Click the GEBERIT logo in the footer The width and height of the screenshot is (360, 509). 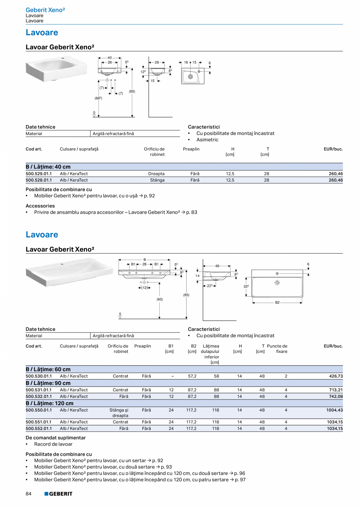(58, 494)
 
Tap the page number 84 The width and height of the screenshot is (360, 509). (29, 494)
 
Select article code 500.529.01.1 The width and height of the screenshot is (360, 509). (38, 174)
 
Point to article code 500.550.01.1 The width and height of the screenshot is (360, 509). (38, 410)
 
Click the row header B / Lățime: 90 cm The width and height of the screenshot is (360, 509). (48, 383)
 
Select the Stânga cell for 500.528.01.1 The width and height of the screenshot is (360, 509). (157, 180)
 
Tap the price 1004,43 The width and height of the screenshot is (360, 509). (334, 410)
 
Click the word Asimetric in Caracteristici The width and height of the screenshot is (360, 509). (207, 140)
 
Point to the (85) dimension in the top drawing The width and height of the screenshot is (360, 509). (132, 92)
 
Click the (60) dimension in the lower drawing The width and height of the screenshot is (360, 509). (160, 299)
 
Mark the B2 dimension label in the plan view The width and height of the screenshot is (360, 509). (277, 302)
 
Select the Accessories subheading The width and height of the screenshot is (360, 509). (40, 206)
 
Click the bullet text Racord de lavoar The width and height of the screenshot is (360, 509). (53, 444)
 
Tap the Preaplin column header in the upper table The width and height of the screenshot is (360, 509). (191, 149)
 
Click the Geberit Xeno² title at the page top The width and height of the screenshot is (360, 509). (45, 10)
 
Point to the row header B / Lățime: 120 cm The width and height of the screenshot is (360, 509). (49, 403)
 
